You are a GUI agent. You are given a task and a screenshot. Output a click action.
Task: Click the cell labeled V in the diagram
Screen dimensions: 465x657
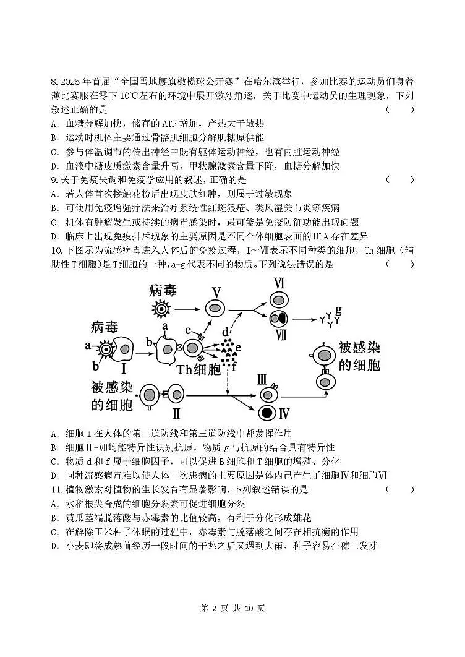coord(215,307)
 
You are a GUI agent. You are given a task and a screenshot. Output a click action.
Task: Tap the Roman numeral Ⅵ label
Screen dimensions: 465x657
coord(279,284)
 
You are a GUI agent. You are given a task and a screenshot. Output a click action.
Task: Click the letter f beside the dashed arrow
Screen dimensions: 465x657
coord(234,366)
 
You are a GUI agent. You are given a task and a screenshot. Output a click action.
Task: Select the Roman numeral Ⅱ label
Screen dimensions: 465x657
coord(176,413)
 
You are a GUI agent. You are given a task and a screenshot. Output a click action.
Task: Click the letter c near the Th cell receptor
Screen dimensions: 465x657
coord(189,330)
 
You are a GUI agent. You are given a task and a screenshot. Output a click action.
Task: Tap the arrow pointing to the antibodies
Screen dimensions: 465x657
coord(304,319)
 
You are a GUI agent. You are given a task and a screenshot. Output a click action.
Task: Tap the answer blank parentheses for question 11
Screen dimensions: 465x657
coord(400,489)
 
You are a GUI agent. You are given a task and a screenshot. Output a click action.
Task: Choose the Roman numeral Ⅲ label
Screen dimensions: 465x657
coord(262,379)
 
